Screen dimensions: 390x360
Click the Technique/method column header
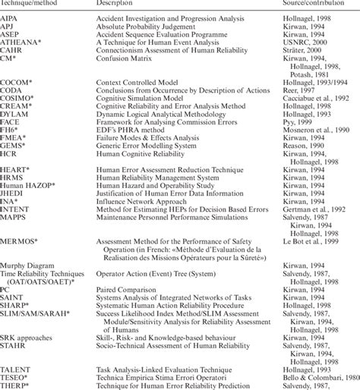pyautogui.click(x=26, y=4)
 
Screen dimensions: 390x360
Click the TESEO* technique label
pyautogui.click(x=14, y=376)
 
